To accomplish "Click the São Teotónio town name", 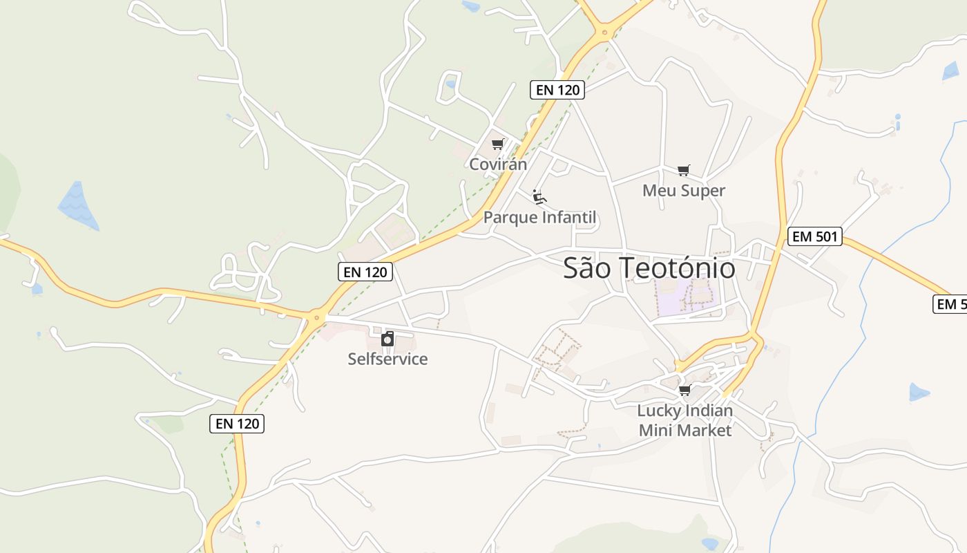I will point(649,268).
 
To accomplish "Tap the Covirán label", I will point(498,165).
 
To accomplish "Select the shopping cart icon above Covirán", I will point(498,144).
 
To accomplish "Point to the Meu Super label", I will point(684,191).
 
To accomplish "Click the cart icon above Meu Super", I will point(684,170).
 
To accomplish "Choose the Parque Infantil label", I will point(539,218).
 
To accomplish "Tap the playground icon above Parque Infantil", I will point(539,198).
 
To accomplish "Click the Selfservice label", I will point(387,359).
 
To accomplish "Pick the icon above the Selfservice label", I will point(387,339).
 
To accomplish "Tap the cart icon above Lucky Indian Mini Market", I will point(684,391).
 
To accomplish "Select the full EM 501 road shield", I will point(815,236).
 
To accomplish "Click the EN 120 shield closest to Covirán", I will point(557,90).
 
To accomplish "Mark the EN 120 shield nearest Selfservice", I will point(365,272).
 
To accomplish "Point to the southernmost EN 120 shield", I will point(237,424).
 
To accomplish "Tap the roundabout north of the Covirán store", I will point(605,31).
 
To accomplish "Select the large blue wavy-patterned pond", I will point(78,205).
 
